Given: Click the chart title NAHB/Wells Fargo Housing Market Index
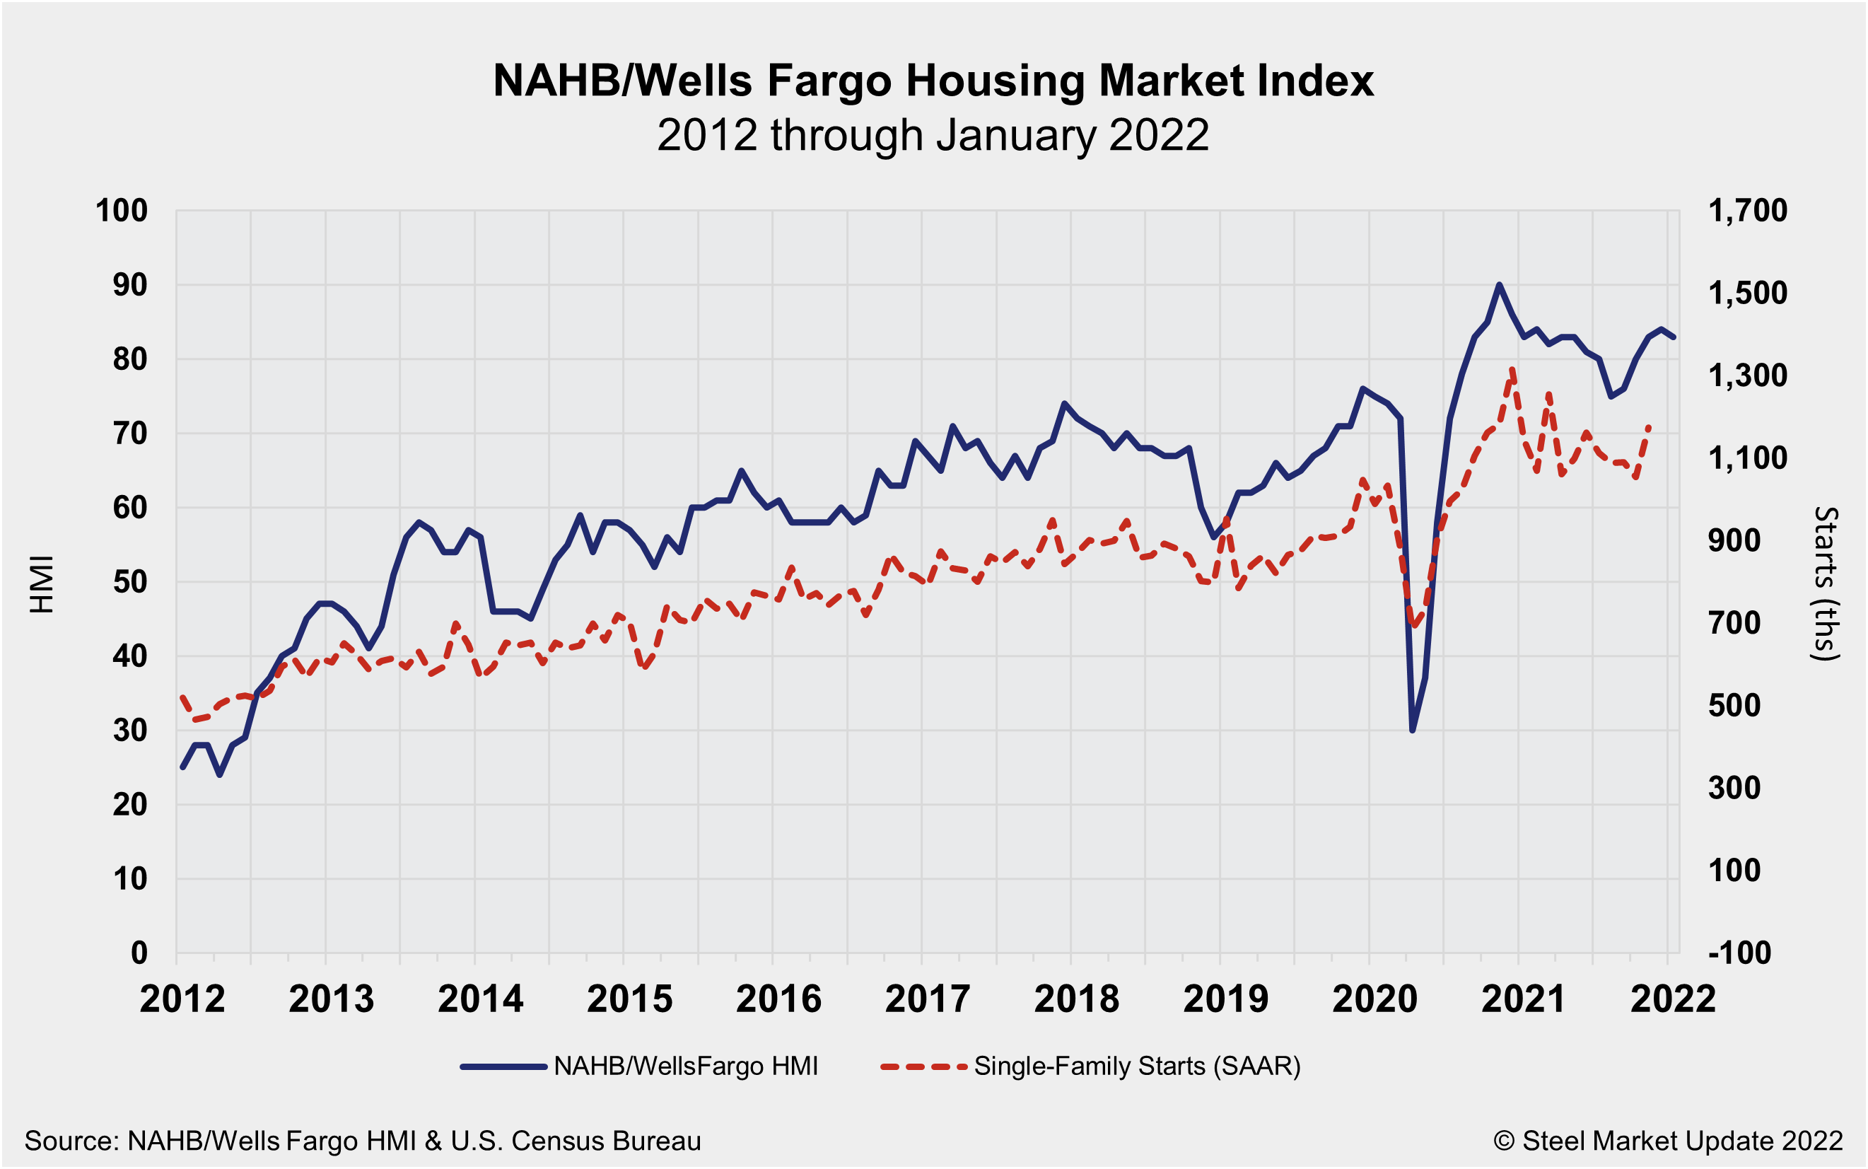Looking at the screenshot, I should pyautogui.click(x=933, y=81).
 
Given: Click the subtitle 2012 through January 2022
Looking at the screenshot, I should pyautogui.click(x=933, y=135).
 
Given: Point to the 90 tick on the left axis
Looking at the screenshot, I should pyautogui.click(x=130, y=285).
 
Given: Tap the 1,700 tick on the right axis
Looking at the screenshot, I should pyautogui.click(x=1746, y=210).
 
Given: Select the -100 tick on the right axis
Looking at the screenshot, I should pyautogui.click(x=1739, y=953).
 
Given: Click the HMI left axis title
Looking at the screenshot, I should pyautogui.click(x=42, y=583).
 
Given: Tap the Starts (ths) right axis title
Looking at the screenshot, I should pyautogui.click(x=1826, y=583).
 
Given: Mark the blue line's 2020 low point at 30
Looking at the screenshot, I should pyautogui.click(x=1412, y=730).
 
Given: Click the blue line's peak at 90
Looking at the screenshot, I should pyautogui.click(x=1499, y=284).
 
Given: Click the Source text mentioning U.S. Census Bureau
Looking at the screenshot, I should pyautogui.click(x=363, y=1141).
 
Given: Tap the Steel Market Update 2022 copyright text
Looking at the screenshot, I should pyautogui.click(x=1668, y=1141).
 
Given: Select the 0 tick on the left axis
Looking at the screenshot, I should pyautogui.click(x=139, y=953).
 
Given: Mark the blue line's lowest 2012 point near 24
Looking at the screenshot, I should pyautogui.click(x=221, y=774).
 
